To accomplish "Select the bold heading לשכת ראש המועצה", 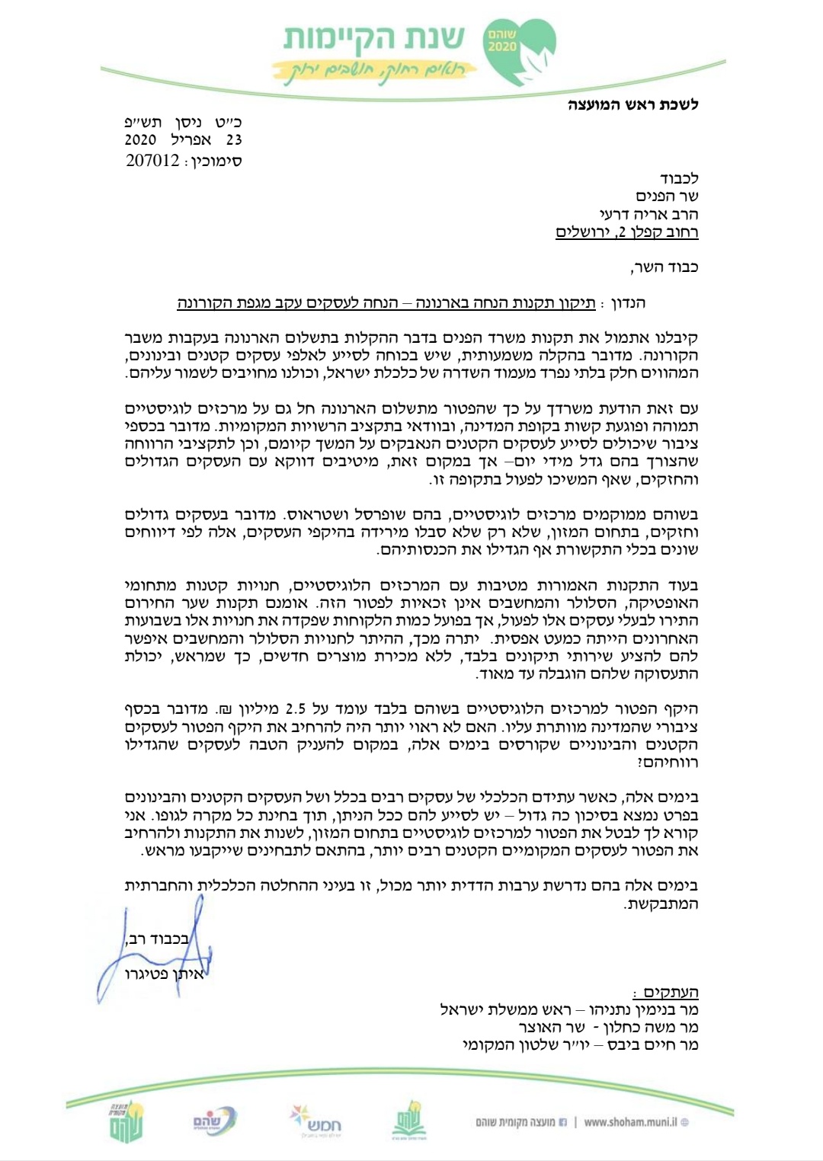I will click(633, 104).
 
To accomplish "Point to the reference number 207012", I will click(152, 161).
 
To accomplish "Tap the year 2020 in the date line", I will click(140, 140).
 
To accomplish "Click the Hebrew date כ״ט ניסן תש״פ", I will click(184, 122).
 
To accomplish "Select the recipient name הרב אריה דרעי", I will click(650, 215).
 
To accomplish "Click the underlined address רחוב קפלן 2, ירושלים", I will click(626, 233).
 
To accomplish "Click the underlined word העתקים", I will click(671, 993).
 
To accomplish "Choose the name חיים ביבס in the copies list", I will click(642, 1045).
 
